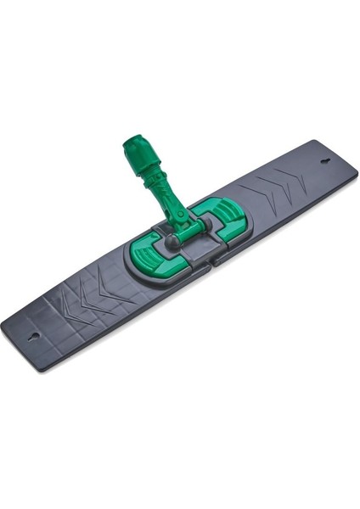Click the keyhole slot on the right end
point(327,161)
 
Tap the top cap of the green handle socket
point(134,147)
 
